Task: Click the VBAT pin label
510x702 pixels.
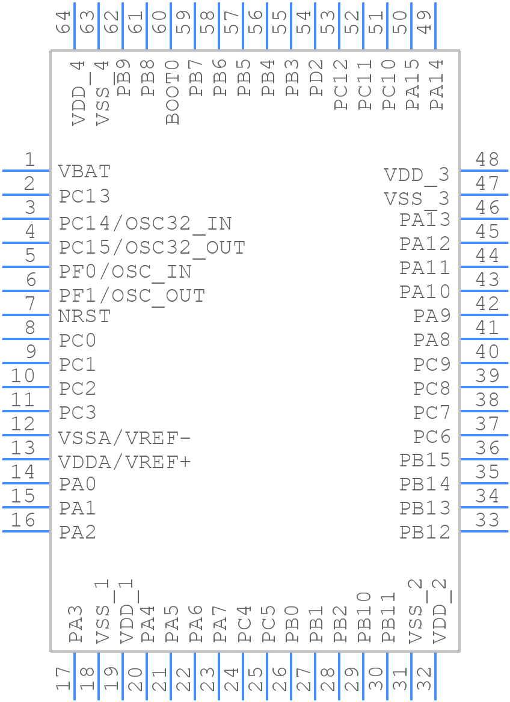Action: click(x=85, y=172)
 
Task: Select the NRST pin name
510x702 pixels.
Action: click(x=85, y=316)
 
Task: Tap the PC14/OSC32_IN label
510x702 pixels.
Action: click(x=146, y=224)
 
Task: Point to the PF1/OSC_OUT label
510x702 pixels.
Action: click(x=132, y=296)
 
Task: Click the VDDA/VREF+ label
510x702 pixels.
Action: click(x=124, y=462)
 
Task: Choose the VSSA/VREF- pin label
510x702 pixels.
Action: click(x=124, y=438)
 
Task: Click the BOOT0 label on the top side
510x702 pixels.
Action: click(x=173, y=92)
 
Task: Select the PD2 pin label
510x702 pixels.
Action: click(x=317, y=78)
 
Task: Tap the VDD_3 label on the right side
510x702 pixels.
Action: click(x=417, y=175)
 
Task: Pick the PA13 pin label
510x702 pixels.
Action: click(x=425, y=220)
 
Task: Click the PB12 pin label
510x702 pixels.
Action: click(x=425, y=532)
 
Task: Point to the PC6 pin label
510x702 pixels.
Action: click(x=432, y=436)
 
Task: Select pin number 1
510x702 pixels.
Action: click(x=29, y=160)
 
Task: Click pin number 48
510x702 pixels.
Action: click(x=487, y=159)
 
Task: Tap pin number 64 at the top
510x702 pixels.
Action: click(x=63, y=22)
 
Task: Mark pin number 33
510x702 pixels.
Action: click(x=487, y=520)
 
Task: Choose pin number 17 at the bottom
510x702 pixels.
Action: click(x=63, y=680)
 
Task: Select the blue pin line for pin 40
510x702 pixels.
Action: click(x=484, y=363)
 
